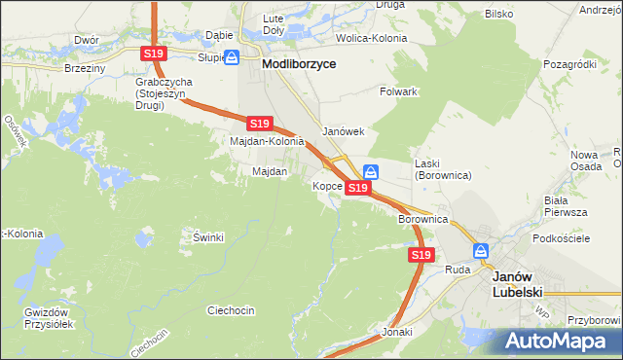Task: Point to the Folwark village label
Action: tap(398, 91)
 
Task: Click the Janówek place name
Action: tap(343, 131)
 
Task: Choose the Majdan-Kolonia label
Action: tap(267, 141)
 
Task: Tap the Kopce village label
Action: tap(326, 185)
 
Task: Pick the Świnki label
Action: tap(208, 237)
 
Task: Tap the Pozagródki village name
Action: tap(569, 63)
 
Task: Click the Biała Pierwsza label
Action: tap(566, 204)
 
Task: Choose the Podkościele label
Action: tap(558, 237)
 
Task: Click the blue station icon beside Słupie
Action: tap(231, 57)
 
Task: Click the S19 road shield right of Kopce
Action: tap(358, 187)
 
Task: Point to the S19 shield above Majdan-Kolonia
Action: tap(258, 124)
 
